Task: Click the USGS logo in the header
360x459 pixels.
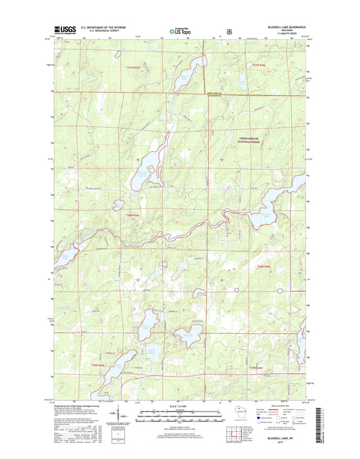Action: [61, 30]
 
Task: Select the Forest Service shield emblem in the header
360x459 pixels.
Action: [229, 30]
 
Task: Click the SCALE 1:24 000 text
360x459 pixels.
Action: [180, 406]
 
